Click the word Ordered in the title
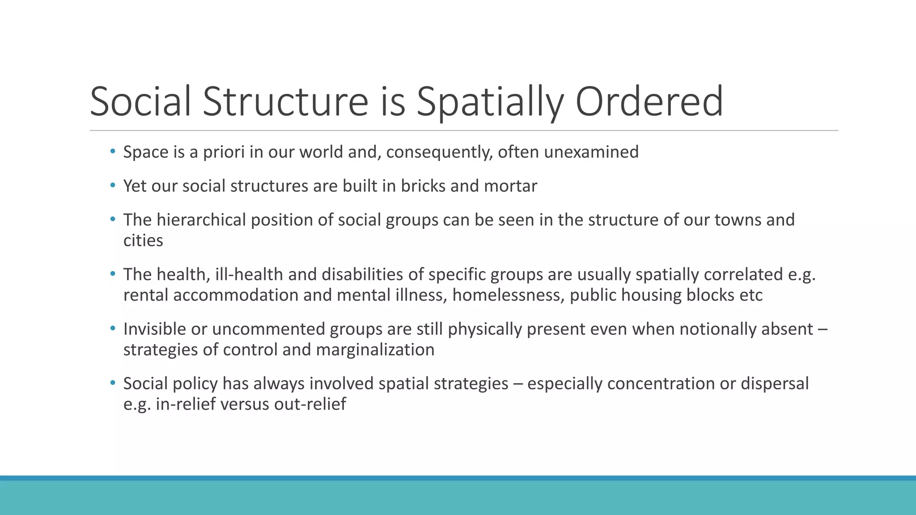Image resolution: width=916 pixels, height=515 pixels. [x=649, y=101]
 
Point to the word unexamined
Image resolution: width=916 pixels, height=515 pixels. [x=591, y=152]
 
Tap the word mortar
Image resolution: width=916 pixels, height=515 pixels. [x=510, y=186]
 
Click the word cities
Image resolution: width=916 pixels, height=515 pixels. [x=143, y=241]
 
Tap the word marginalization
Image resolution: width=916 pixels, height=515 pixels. [x=375, y=350]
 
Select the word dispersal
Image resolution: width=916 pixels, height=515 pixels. [x=774, y=384]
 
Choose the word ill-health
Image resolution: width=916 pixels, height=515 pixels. [x=249, y=275]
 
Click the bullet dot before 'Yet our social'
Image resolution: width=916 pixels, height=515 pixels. [x=113, y=186]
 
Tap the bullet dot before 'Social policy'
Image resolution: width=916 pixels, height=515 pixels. [x=113, y=383]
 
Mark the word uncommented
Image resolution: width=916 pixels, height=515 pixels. [x=268, y=329]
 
